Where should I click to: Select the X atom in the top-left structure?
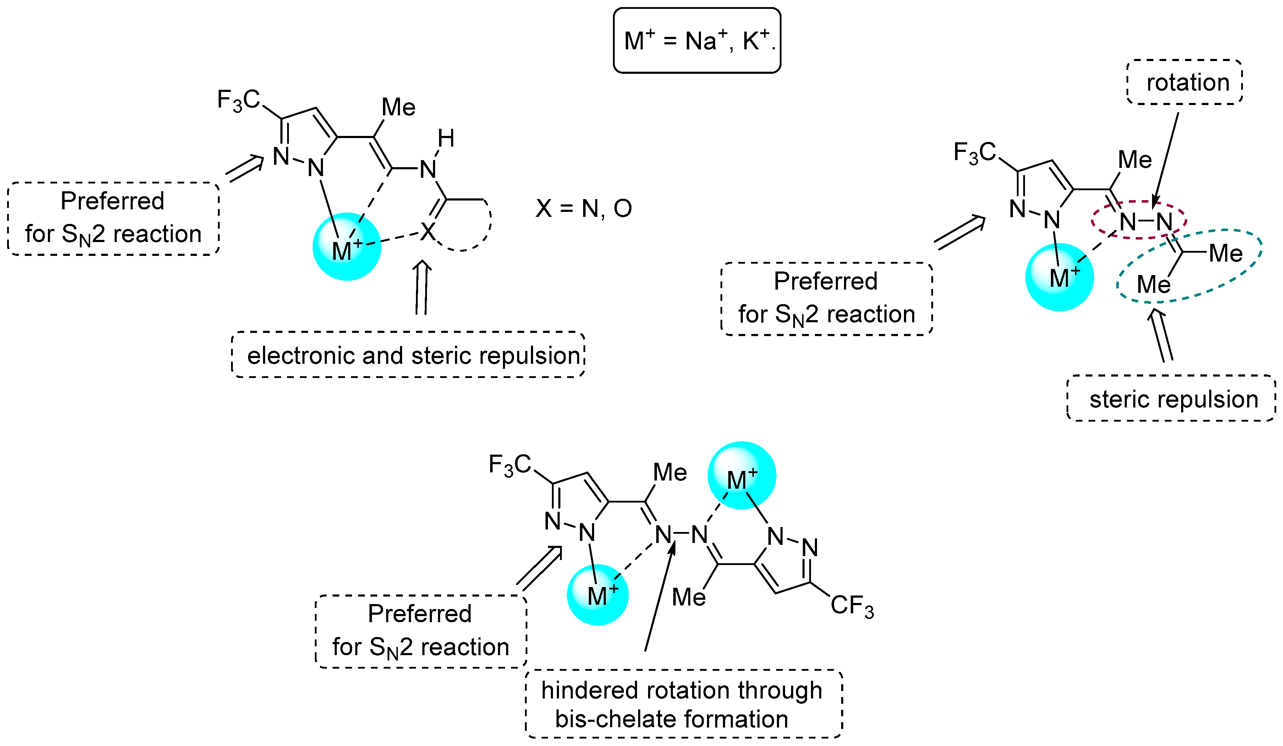(428, 232)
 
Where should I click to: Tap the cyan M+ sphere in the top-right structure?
(1059, 277)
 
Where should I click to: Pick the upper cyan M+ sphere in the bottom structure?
(742, 475)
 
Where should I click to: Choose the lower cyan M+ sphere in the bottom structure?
(598, 595)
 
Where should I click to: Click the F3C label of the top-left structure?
(238, 100)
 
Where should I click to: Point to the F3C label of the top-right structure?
(975, 153)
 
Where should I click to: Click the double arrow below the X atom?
(422, 288)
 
